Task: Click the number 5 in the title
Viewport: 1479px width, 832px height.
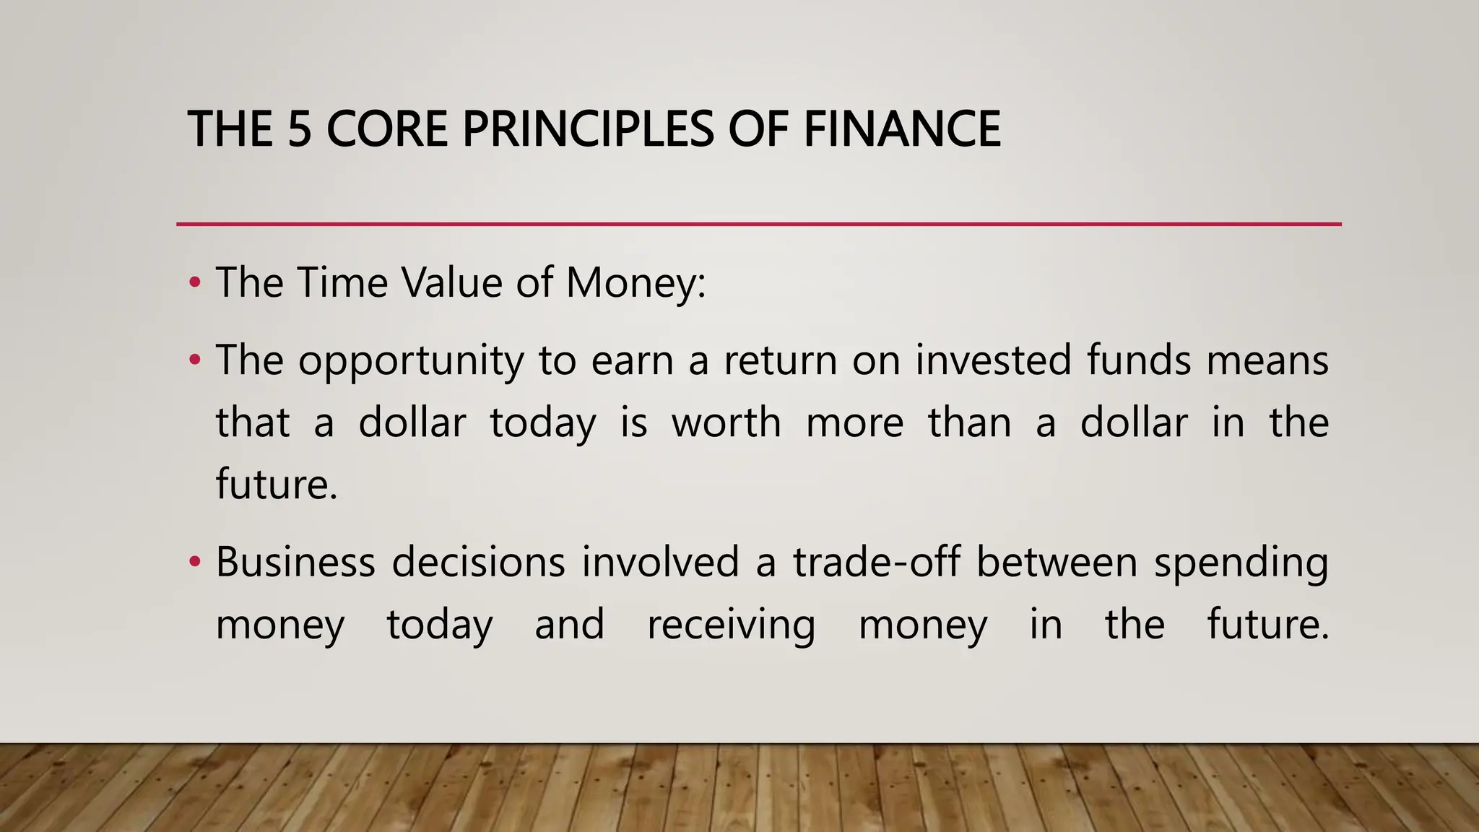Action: [x=299, y=129]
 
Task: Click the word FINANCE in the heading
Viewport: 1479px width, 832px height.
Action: [x=902, y=129]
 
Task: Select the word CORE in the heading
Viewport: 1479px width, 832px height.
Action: [x=386, y=129]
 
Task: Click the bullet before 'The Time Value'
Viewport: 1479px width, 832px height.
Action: [x=194, y=282]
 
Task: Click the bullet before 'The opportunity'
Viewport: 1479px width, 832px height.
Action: [x=194, y=360]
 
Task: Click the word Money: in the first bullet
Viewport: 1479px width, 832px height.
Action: [x=635, y=282]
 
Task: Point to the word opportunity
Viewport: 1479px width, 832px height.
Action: [x=411, y=361]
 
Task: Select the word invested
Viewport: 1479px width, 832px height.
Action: [x=993, y=360]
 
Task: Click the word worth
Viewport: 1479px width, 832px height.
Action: [x=727, y=422]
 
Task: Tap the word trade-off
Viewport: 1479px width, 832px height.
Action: [x=876, y=562]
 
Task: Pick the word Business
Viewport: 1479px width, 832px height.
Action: [x=295, y=562]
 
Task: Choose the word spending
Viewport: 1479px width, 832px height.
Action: [x=1241, y=563]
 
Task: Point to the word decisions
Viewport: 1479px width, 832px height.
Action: [x=478, y=562]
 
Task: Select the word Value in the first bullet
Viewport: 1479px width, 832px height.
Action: [x=451, y=282]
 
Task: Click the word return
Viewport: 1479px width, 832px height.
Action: [x=780, y=361]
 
